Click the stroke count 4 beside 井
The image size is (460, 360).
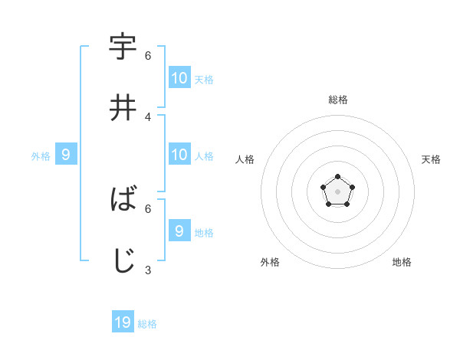pyautogui.click(x=148, y=116)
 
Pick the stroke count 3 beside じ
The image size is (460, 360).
pyautogui.click(x=148, y=270)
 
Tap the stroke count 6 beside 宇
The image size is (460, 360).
pyautogui.click(x=148, y=56)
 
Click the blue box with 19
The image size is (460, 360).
pyautogui.click(x=123, y=322)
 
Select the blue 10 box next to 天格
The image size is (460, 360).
pyautogui.click(x=179, y=77)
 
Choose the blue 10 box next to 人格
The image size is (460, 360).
pyautogui.click(x=179, y=155)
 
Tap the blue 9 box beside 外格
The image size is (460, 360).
pyautogui.click(x=66, y=155)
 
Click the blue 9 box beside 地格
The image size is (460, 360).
pyautogui.click(x=179, y=231)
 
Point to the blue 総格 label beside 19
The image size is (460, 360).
pyautogui.click(x=147, y=324)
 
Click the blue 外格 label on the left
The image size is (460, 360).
pyautogui.click(x=41, y=156)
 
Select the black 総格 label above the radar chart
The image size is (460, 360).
pyautogui.click(x=338, y=100)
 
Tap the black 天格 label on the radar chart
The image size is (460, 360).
pyautogui.click(x=432, y=159)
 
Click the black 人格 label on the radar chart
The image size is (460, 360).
pyautogui.click(x=245, y=159)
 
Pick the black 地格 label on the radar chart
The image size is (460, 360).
pyautogui.click(x=402, y=262)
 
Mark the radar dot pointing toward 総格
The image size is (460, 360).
pyautogui.click(x=338, y=177)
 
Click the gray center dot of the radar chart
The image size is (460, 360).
pyautogui.click(x=338, y=191)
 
